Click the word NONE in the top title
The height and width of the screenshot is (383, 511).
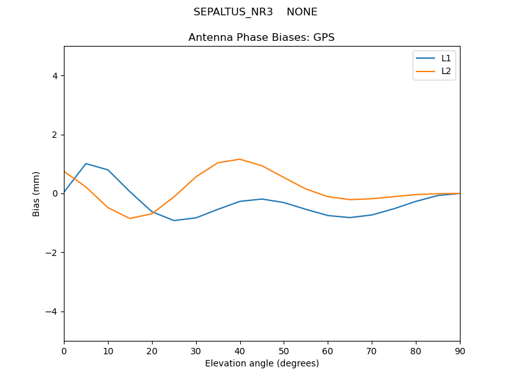click(x=302, y=12)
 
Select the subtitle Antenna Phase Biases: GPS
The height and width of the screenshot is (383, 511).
click(x=261, y=38)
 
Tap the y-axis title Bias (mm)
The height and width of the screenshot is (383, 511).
click(x=36, y=193)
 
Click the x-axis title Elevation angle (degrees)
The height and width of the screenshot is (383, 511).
click(x=262, y=364)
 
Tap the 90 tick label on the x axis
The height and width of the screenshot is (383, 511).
click(x=460, y=350)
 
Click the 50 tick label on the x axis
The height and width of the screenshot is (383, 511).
click(x=284, y=350)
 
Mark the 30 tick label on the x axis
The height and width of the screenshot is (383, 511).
click(x=196, y=350)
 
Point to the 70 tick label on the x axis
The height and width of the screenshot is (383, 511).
click(x=372, y=350)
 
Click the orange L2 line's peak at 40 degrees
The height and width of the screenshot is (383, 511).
click(x=240, y=159)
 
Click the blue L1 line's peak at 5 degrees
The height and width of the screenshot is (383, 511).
click(x=86, y=163)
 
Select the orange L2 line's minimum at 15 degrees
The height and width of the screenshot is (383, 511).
click(x=130, y=218)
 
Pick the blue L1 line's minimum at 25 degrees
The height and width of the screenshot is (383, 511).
click(x=174, y=220)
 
